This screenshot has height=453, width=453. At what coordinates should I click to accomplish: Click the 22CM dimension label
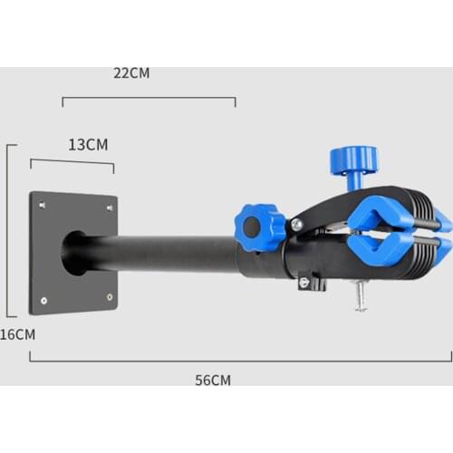[x=131, y=73]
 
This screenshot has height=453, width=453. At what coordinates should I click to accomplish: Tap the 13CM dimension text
[x=88, y=145]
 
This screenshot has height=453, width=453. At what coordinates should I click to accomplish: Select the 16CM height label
[x=16, y=334]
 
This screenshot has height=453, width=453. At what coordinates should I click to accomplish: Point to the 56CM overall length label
[x=213, y=380]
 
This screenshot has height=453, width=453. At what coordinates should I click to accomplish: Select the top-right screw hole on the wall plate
[x=109, y=207]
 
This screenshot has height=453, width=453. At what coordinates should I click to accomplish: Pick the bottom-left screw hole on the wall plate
[x=42, y=299]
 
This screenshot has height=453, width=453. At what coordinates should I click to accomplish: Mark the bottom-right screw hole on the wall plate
[x=109, y=296]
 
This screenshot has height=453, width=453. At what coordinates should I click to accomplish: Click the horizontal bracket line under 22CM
[x=149, y=98]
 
